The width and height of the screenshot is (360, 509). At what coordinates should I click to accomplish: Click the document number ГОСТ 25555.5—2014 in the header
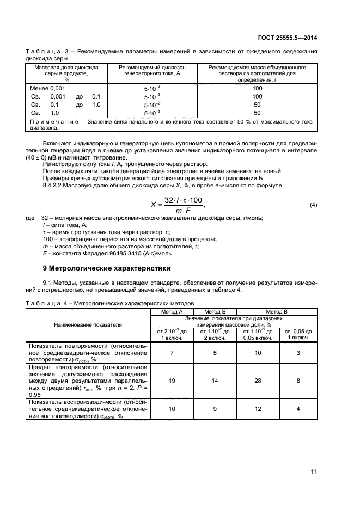(x=286, y=38)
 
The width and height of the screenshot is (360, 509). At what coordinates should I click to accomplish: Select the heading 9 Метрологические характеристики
(x=107, y=268)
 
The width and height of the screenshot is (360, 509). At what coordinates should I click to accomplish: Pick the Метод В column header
(x=277, y=311)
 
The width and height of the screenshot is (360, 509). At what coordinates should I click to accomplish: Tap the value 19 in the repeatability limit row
(x=172, y=381)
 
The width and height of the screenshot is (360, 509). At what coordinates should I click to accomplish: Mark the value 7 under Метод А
(x=172, y=353)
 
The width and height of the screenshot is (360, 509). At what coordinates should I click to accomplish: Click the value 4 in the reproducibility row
(x=298, y=408)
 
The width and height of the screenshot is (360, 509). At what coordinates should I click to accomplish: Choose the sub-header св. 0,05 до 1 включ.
(x=298, y=334)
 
